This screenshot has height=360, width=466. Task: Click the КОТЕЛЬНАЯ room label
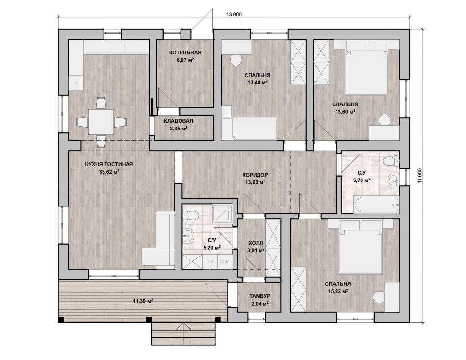(185, 52)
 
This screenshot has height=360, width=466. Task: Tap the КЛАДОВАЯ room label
(179, 121)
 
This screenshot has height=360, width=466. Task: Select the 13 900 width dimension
(234, 14)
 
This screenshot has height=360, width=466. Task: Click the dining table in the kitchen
(101, 122)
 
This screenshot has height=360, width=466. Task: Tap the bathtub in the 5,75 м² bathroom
(376, 204)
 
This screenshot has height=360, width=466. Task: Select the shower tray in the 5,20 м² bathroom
(222, 213)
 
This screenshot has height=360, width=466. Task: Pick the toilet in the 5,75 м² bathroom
(391, 162)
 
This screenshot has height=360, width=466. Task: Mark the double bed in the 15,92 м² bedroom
(361, 247)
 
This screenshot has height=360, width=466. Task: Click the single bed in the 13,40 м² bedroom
(249, 129)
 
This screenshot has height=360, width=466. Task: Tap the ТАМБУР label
(260, 296)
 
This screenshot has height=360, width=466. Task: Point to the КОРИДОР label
(255, 175)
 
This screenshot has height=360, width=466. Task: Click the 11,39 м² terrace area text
(143, 301)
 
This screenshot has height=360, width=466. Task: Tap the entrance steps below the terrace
(183, 334)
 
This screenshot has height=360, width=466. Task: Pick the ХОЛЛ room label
(255, 243)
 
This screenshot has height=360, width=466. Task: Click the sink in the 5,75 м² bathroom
(394, 181)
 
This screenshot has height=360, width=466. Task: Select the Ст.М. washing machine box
(225, 262)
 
